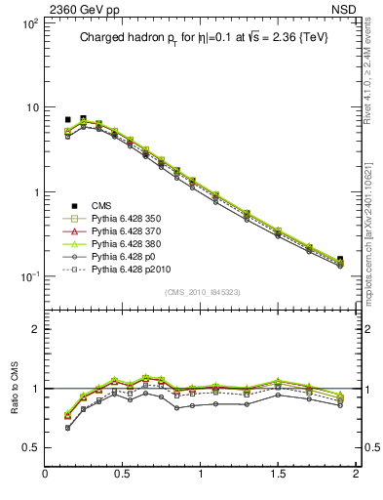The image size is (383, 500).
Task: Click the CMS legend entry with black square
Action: (101, 206)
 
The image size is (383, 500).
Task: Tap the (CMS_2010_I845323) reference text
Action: (201, 291)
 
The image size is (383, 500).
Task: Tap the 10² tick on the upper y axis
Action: (28, 22)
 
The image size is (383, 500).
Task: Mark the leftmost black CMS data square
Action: (67, 120)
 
